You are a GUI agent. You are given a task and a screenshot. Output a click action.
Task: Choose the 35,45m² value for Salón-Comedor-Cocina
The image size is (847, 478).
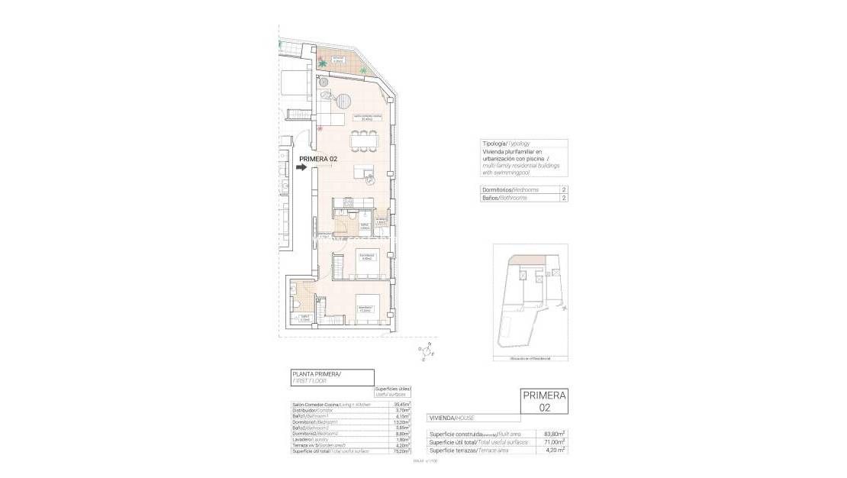(x=403, y=404)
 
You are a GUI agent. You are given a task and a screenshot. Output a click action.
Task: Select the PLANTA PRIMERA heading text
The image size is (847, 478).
(x=317, y=374)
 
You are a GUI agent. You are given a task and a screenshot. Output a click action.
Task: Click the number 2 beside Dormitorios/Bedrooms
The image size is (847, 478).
(x=563, y=189)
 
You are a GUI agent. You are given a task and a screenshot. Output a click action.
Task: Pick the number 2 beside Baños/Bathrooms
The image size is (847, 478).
(x=563, y=198)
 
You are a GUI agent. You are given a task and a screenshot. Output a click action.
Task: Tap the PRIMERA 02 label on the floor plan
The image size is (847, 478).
(x=318, y=159)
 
